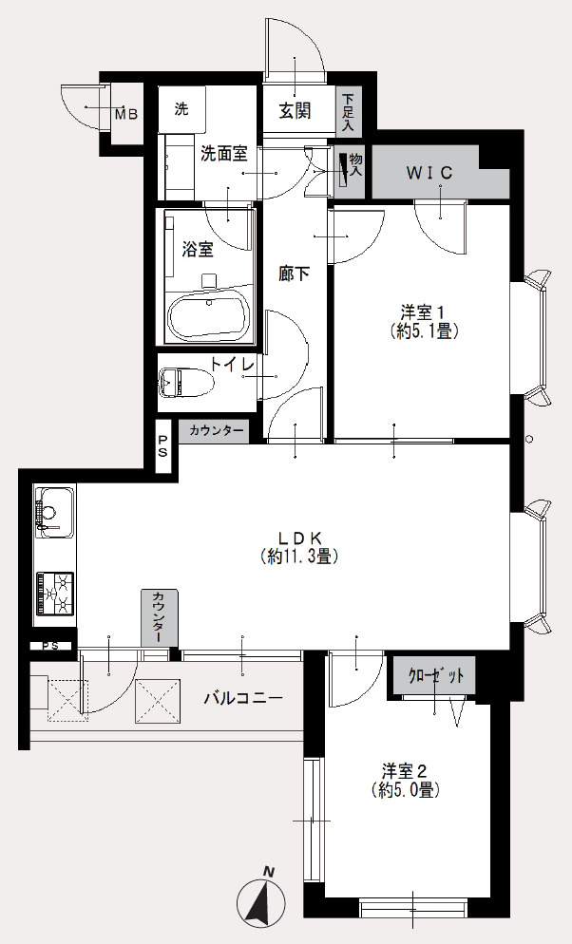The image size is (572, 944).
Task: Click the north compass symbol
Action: pos(262,896)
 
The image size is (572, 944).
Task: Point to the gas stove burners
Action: pos(55,594)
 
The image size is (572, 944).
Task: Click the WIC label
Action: pos(429,173)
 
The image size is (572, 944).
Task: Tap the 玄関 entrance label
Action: pos(295,111)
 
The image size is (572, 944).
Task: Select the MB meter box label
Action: pos(126,114)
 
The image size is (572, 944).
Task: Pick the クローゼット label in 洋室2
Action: pos(436,675)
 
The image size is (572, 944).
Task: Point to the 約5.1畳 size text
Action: pos(425,330)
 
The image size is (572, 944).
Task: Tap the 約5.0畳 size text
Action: pos(405,789)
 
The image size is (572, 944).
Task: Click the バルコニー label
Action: pos(243,698)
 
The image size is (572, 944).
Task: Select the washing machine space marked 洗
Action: pos(181,109)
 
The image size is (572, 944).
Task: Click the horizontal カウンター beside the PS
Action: pos(214,431)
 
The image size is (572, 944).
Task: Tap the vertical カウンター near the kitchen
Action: pos(161,617)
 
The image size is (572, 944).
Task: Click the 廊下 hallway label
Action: pos(294,274)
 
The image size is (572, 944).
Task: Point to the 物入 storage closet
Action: pos(350,172)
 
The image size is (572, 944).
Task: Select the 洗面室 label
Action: pos(224,154)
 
